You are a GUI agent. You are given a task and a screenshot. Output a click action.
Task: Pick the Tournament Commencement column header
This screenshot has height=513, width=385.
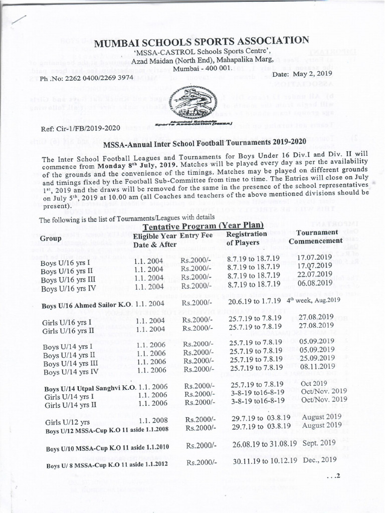(319, 236)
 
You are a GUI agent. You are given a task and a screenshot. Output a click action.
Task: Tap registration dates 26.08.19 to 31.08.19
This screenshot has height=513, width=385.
(265, 444)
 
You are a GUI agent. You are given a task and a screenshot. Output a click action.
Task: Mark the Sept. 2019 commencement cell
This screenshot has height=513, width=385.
(319, 443)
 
